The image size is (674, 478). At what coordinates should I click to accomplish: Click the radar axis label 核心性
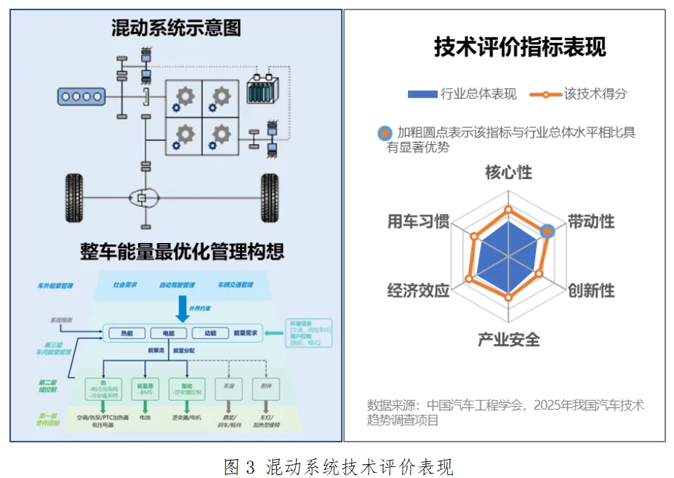tap(508, 173)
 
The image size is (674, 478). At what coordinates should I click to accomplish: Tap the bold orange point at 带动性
tap(548, 231)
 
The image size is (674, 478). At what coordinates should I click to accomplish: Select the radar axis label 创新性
tap(591, 290)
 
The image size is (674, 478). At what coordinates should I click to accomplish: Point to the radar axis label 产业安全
tap(508, 339)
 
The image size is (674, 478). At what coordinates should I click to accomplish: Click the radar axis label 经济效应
tap(418, 290)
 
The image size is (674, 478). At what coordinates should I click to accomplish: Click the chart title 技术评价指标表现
tap(520, 47)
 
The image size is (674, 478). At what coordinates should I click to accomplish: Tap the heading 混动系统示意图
tap(176, 28)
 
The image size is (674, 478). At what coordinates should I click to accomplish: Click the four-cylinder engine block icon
tap(81, 96)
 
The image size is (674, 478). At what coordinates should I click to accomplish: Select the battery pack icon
tap(260, 93)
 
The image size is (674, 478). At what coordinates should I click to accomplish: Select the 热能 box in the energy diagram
tap(121, 333)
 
